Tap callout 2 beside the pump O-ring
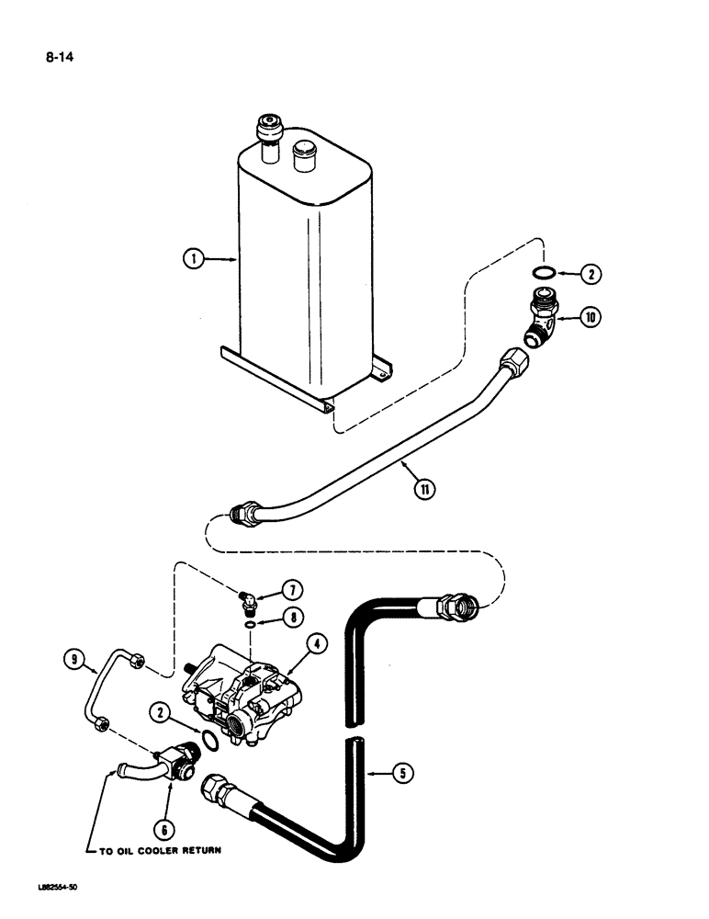click(x=161, y=709)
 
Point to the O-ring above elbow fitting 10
click(x=545, y=272)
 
